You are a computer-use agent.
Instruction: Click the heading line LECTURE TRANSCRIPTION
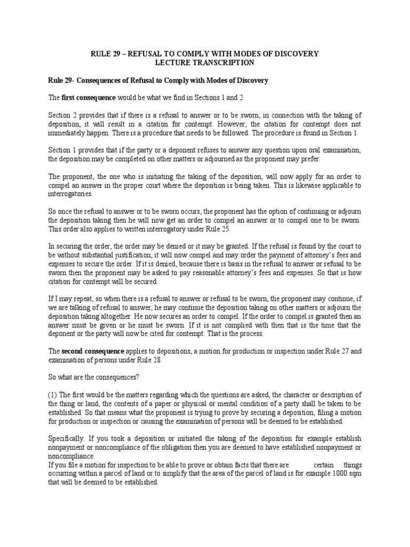coord(204,63)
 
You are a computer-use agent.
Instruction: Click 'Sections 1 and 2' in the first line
coord(234,98)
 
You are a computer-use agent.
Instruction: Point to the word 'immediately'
coord(69,132)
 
